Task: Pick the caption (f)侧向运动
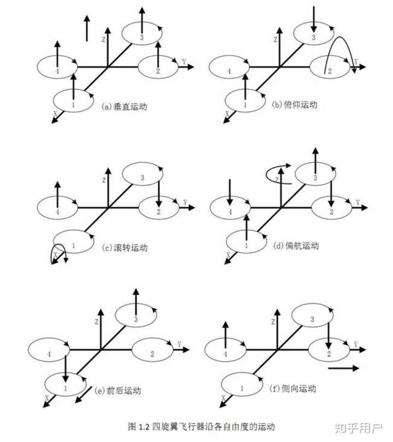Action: point(293,388)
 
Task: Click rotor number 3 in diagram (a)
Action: point(141,37)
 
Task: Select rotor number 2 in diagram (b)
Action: point(328,70)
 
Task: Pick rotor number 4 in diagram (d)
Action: point(230,211)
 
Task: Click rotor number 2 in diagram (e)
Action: point(152,354)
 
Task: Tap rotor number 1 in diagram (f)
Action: point(242,389)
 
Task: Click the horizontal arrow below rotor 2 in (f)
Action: point(344,368)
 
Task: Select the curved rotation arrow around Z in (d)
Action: point(277,173)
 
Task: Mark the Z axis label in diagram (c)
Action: point(103,180)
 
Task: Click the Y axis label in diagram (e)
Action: point(179,344)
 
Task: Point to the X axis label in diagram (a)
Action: point(55,113)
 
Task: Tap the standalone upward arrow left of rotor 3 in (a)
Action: point(87,28)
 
